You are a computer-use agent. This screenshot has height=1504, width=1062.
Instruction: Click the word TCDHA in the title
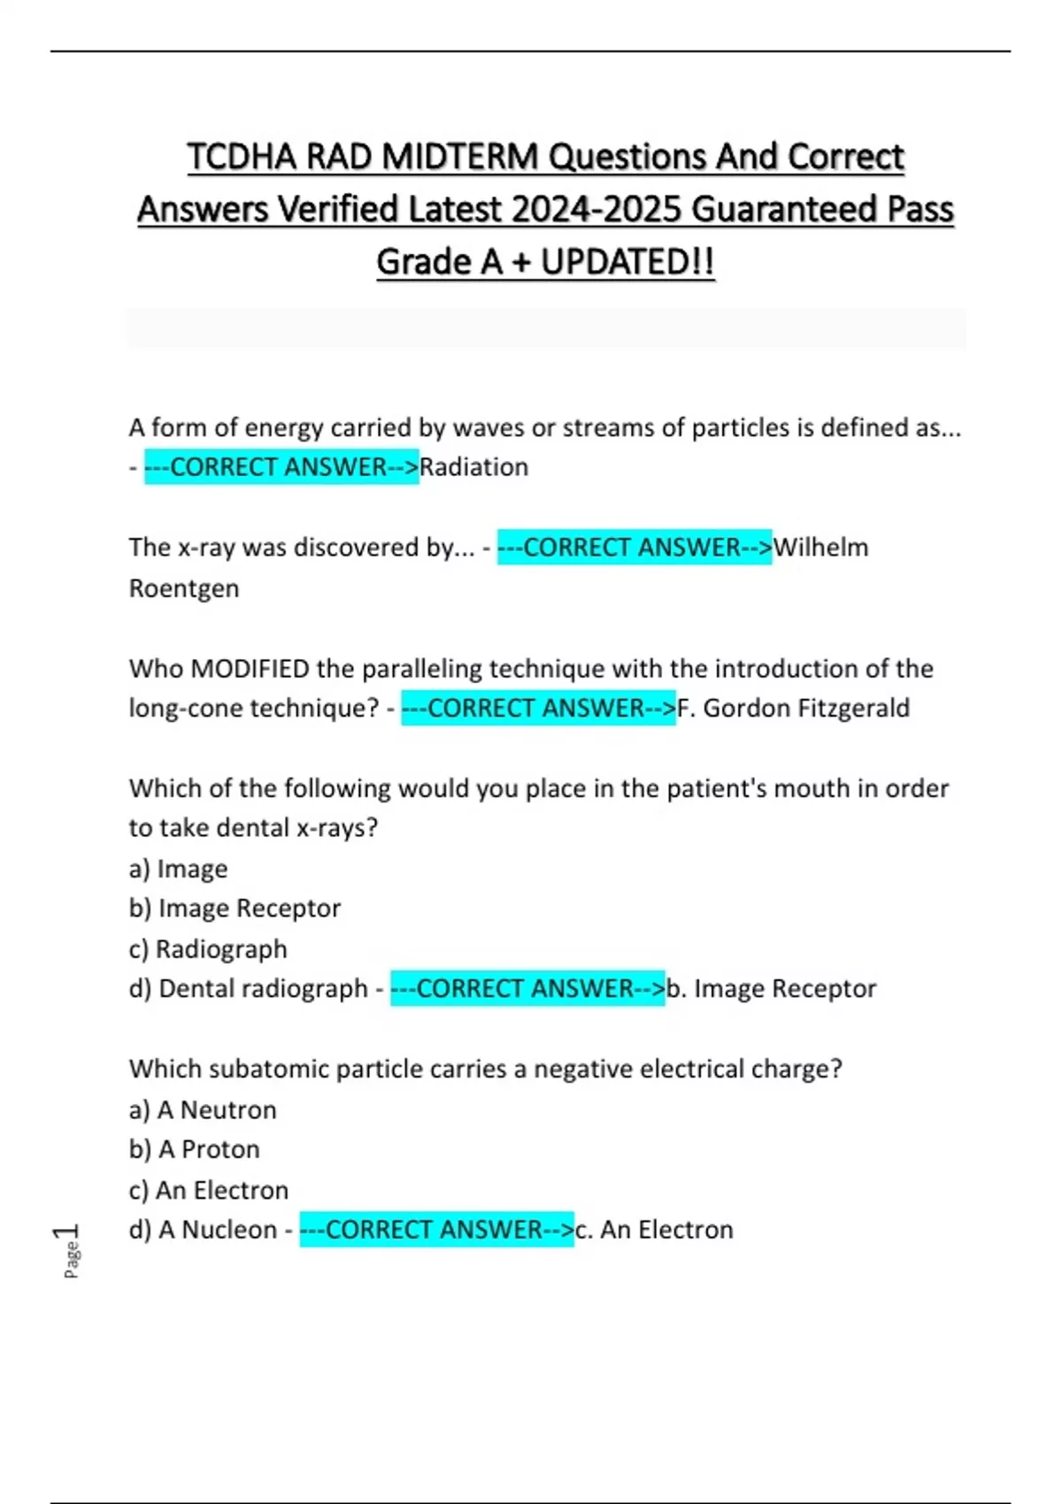(x=242, y=157)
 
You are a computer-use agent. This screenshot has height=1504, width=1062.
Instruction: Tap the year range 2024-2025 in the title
(x=596, y=210)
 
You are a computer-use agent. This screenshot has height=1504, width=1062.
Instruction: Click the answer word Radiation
(x=473, y=467)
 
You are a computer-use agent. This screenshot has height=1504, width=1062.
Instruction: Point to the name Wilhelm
(x=820, y=548)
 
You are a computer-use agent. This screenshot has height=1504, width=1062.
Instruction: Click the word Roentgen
(x=184, y=588)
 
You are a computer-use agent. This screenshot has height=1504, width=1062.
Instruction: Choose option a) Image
(x=178, y=869)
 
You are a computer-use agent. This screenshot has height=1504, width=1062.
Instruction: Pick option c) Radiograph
(x=208, y=949)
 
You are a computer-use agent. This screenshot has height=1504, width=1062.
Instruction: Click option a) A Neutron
(x=203, y=1109)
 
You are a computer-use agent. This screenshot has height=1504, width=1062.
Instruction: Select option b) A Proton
(x=195, y=1149)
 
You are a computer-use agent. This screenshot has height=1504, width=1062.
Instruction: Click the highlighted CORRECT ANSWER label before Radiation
(x=281, y=467)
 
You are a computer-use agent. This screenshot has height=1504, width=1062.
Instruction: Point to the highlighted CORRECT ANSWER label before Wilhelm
(x=635, y=548)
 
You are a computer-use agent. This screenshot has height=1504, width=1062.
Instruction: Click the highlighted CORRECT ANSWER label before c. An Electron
(x=436, y=1230)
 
